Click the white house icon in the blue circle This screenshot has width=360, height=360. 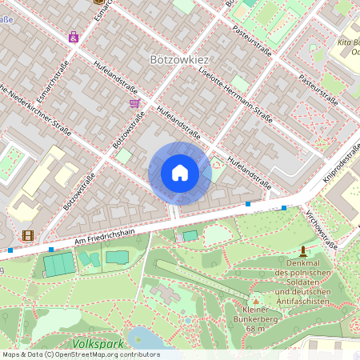tap(179, 173)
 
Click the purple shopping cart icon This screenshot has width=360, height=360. tap(134, 103)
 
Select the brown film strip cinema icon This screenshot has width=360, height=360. tap(29, 235)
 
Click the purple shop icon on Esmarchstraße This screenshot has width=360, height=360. tap(74, 37)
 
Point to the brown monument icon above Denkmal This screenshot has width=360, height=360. tap(302, 251)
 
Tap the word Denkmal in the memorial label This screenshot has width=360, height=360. tap(302, 263)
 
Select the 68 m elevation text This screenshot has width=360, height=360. tap(254, 329)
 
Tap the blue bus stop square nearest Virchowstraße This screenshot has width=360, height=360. tap(284, 208)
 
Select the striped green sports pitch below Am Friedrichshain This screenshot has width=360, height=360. tap(57, 264)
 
